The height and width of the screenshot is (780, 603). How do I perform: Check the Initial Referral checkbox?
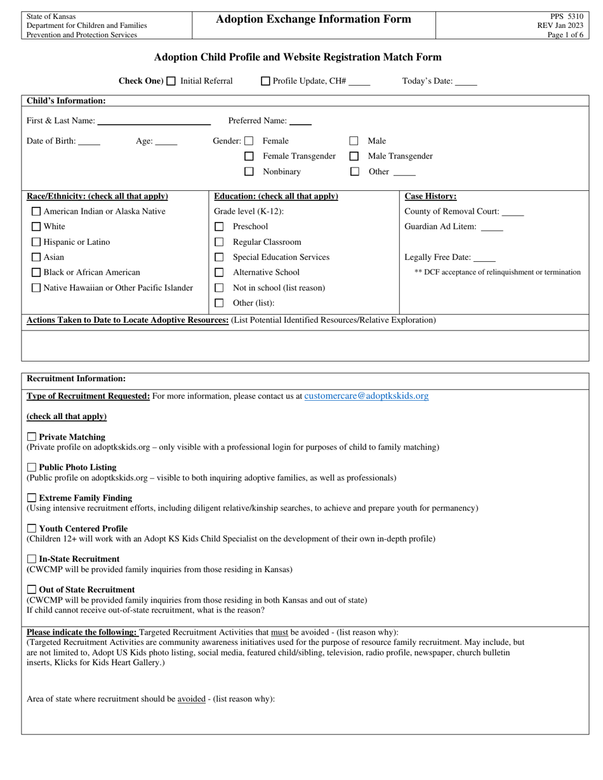(171, 81)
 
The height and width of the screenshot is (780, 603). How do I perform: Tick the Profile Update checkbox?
(266, 81)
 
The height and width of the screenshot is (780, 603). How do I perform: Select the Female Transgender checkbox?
(249, 156)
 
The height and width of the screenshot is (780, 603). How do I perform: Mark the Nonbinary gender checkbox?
(249, 171)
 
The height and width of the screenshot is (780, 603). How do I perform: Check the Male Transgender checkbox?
(354, 156)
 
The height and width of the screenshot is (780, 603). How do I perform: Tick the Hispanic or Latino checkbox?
(36, 242)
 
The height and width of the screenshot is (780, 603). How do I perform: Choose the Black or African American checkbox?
(36, 272)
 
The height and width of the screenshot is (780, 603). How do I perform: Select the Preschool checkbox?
(219, 226)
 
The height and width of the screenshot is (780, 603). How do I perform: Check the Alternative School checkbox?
(219, 272)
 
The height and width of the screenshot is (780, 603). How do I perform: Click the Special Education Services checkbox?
(219, 257)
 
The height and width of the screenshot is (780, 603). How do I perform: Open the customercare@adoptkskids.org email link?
(366, 396)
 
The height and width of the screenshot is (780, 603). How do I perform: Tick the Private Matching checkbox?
(32, 437)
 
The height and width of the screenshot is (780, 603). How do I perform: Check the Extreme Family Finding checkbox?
(32, 498)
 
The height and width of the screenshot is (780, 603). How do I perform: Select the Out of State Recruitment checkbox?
(32, 589)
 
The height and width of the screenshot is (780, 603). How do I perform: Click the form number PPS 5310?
(566, 16)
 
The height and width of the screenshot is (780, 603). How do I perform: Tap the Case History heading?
(430, 197)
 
